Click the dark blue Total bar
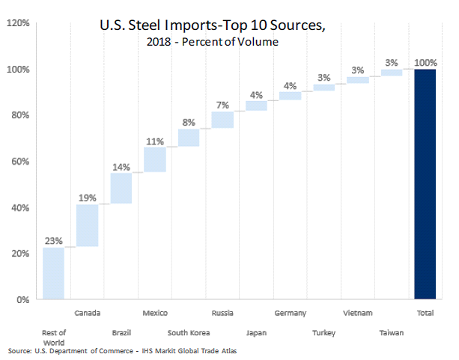[425, 184]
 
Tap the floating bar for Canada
[87, 225]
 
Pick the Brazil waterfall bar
[121, 189]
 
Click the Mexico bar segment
[155, 159]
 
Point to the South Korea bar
[189, 138]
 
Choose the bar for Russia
[222, 120]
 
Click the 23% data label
[53, 241]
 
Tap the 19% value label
[87, 198]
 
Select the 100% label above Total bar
[425, 63]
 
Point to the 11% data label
[155, 141]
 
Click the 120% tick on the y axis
[18, 23]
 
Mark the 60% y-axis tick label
[20, 162]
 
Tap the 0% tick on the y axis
[23, 300]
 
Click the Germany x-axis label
[290, 312]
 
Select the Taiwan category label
[391, 332]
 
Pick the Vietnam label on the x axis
[357, 312]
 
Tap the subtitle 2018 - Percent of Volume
[213, 42]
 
